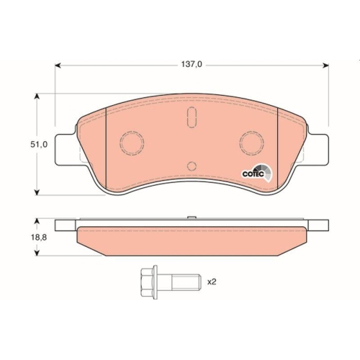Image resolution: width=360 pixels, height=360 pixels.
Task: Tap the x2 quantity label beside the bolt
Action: click(212, 282)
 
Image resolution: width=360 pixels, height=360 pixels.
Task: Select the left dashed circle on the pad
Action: click(132, 143)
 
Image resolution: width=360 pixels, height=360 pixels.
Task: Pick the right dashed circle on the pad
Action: click(253, 143)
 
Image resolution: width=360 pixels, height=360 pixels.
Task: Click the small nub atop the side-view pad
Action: click(191, 218)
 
